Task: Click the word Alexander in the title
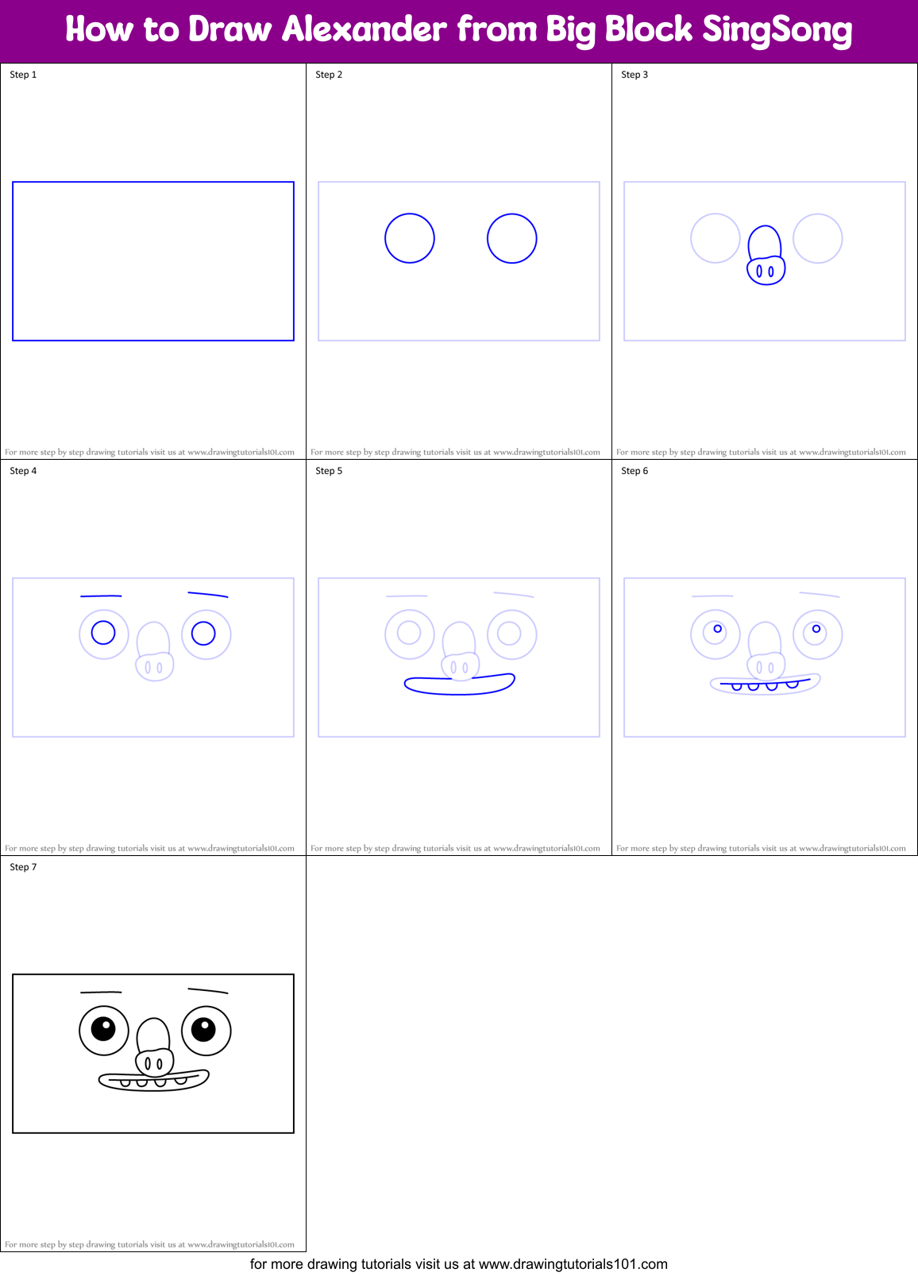[364, 29]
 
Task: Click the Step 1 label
[23, 75]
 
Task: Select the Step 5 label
[329, 471]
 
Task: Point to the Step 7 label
[23, 867]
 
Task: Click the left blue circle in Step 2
[410, 238]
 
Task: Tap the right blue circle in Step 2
[512, 238]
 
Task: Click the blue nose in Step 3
[766, 256]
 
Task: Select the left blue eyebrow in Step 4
[101, 596]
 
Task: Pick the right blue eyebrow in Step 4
[208, 594]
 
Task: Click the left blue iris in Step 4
[103, 633]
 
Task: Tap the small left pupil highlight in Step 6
[718, 629]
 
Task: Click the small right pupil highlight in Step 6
[816, 629]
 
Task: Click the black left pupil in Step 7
[103, 1029]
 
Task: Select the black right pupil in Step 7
[203, 1029]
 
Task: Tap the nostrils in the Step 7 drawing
[154, 1063]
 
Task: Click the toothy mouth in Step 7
[154, 1080]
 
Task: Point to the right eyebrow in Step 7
[208, 990]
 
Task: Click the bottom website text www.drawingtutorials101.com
[573, 1264]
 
